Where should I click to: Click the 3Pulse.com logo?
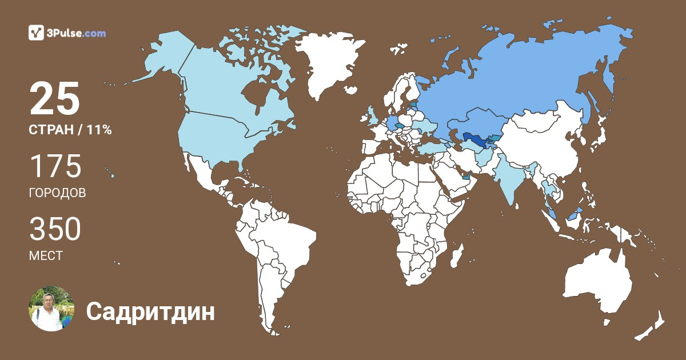pyautogui.click(x=67, y=33)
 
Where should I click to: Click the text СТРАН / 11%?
pyautogui.click(x=70, y=130)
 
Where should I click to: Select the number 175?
pyautogui.click(x=55, y=166)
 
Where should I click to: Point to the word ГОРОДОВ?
pyautogui.click(x=57, y=193)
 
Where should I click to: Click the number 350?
pyautogui.click(x=55, y=229)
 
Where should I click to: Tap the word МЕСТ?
pyautogui.click(x=46, y=255)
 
